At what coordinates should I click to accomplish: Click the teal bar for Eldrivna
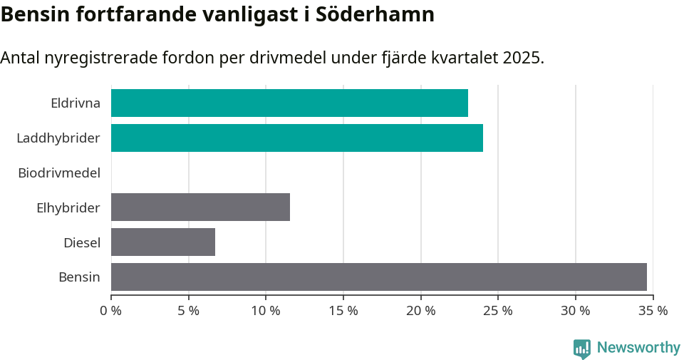(289, 103)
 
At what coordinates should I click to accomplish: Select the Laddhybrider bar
(296, 138)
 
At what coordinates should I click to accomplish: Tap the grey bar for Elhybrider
(200, 207)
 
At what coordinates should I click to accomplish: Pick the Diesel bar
(163, 242)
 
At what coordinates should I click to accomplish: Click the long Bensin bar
(378, 277)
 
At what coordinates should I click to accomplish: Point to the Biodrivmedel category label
(59, 173)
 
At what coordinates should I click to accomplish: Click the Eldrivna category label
(76, 103)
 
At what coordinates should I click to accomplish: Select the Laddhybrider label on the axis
(58, 138)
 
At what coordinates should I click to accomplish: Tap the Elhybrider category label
(68, 207)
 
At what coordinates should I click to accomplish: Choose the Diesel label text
(82, 242)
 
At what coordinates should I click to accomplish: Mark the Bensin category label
(79, 277)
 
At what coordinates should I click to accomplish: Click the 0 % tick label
(111, 311)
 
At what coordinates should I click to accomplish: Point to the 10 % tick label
(266, 311)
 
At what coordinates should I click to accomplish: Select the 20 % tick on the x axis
(420, 311)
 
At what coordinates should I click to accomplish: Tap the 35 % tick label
(653, 311)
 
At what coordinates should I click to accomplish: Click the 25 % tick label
(498, 311)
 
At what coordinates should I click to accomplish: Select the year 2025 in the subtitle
(521, 58)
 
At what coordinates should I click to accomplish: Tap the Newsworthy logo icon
(582, 348)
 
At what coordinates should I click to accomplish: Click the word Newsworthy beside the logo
(638, 348)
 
